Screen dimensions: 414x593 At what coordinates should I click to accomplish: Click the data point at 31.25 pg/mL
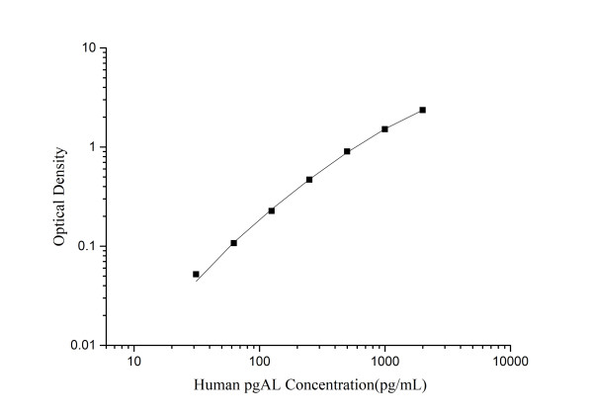(196, 274)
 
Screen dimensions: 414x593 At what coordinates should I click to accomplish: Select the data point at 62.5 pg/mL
(233, 242)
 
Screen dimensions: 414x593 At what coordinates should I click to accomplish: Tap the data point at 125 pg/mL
(271, 210)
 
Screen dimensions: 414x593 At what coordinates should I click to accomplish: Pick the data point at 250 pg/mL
(309, 179)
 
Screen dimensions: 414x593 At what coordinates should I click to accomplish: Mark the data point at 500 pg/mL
(347, 151)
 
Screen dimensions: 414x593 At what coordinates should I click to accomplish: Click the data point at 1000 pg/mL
(384, 128)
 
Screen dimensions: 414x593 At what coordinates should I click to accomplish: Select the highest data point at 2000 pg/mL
(422, 110)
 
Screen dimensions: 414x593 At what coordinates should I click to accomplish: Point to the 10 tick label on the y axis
(87, 47)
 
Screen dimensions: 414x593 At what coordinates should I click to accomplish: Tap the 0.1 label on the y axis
(86, 246)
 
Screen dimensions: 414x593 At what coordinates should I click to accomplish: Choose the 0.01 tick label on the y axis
(83, 345)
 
